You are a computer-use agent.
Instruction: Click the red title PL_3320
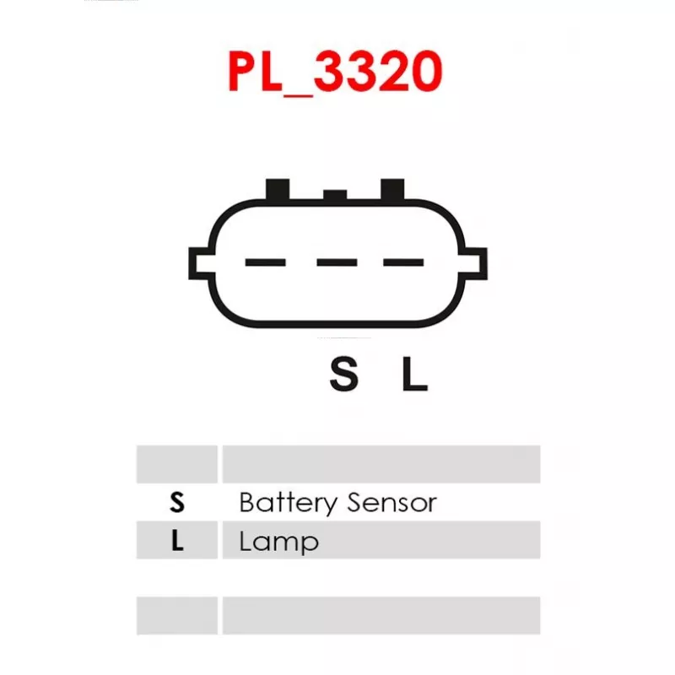point(336,72)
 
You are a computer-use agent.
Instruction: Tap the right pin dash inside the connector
point(403,262)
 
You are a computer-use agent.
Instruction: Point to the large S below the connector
point(343,375)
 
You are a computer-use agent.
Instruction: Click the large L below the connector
point(413,375)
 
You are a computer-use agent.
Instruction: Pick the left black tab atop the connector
point(278,189)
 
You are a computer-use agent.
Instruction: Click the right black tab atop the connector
point(393,189)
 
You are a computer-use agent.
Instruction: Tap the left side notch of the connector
point(199,262)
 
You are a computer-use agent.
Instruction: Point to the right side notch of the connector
point(476,262)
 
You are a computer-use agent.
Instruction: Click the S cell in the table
point(176,503)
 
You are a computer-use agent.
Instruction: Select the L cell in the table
point(176,540)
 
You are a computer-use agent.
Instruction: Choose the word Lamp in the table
point(279,541)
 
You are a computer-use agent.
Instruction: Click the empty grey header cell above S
point(176,464)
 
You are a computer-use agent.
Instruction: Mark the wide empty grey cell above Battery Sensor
point(381,464)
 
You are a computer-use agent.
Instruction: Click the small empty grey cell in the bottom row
point(176,615)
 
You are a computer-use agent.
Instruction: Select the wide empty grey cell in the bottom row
point(381,615)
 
